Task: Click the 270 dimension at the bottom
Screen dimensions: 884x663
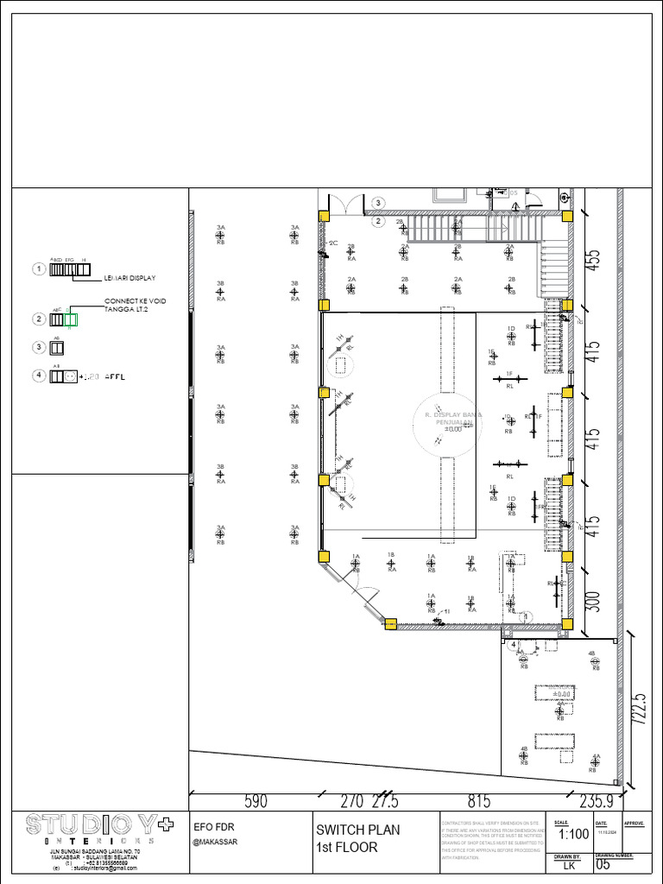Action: click(x=351, y=802)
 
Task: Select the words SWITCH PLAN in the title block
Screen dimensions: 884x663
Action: click(x=358, y=830)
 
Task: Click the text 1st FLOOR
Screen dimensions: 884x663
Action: click(x=347, y=847)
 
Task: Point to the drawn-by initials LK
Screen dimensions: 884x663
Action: click(x=569, y=865)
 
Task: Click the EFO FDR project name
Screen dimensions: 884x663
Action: click(x=214, y=827)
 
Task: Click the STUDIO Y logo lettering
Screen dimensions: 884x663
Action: click(x=91, y=824)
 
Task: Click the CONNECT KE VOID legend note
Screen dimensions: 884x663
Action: click(x=135, y=304)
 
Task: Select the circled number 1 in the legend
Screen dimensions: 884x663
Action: click(x=38, y=268)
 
